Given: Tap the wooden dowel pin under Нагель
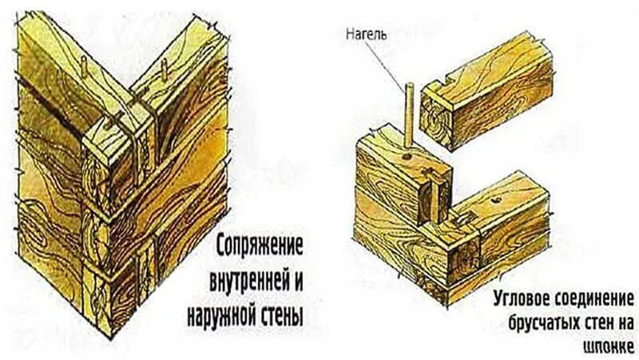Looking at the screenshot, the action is click(x=408, y=112).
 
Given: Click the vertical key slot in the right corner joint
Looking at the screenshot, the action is click(x=438, y=196).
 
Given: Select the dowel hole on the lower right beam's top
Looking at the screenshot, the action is click(x=497, y=198).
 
